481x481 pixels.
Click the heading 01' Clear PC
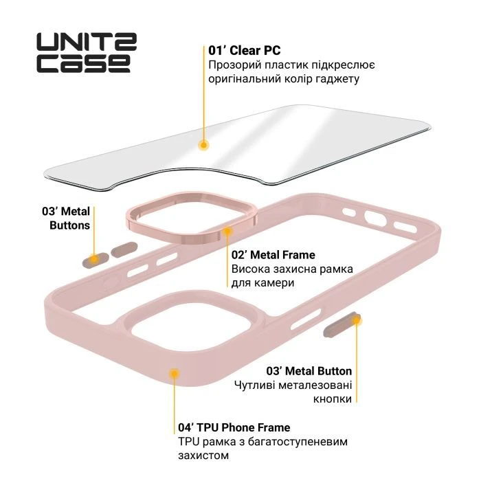coord(245,51)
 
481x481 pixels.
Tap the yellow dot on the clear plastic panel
coord(203,145)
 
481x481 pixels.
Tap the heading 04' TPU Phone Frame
coord(234,427)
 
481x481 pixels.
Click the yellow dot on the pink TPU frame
coord(175,373)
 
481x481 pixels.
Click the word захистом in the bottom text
coord(203,455)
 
